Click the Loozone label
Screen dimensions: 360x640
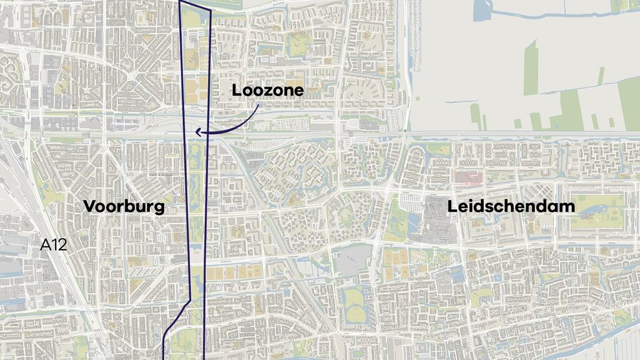pyautogui.click(x=268, y=90)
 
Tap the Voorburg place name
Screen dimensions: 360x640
pyautogui.click(x=124, y=207)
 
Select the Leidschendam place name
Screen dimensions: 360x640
pyautogui.click(x=511, y=207)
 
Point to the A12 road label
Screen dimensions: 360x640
pyautogui.click(x=53, y=245)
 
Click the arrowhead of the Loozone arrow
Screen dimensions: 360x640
pyautogui.click(x=198, y=132)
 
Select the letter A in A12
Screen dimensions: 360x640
pyautogui.click(x=45, y=245)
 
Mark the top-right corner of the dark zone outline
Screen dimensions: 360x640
pyautogui.click(x=210, y=11)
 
